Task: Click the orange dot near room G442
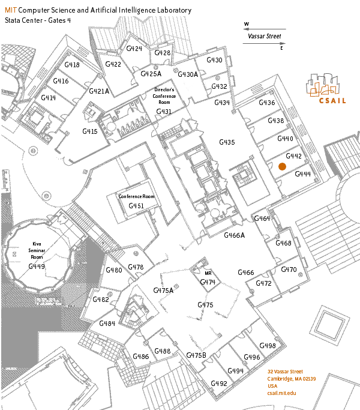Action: (x=281, y=166)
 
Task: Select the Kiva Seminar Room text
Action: (x=37, y=251)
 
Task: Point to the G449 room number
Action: (x=37, y=266)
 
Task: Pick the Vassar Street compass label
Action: (x=265, y=36)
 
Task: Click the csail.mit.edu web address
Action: (x=282, y=393)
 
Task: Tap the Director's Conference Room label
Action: (x=164, y=95)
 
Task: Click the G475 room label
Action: (x=205, y=305)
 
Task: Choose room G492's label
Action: (x=219, y=384)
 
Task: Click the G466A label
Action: (x=235, y=235)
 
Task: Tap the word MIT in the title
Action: (x=11, y=11)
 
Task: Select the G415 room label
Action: (x=90, y=131)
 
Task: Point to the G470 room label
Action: (x=289, y=270)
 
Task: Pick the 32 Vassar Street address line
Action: (x=285, y=372)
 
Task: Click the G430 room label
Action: (x=214, y=60)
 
